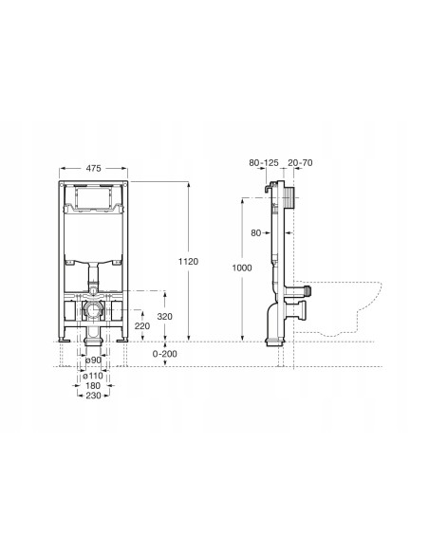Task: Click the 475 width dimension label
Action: tap(93, 169)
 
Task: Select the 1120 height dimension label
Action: tap(188, 262)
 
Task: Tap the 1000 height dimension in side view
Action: tap(242, 268)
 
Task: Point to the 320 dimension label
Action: tap(165, 317)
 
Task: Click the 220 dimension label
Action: tap(142, 325)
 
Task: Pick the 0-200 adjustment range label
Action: tap(165, 354)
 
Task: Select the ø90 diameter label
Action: tap(93, 360)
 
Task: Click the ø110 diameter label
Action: tap(93, 376)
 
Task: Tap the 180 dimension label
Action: tap(93, 385)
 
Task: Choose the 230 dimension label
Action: tap(93, 396)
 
